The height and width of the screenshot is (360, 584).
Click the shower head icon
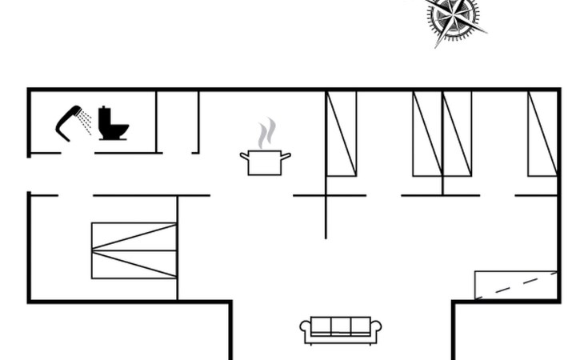[69, 120]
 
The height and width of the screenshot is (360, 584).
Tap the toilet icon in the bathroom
[113, 125]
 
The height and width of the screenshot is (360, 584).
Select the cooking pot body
[265, 163]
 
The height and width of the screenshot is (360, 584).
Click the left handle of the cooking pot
[244, 155]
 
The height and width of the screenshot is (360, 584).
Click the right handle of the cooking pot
[286, 155]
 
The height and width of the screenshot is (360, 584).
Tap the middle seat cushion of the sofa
[340, 326]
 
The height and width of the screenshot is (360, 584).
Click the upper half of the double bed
[133, 237]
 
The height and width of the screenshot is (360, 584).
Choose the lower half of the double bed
[133, 265]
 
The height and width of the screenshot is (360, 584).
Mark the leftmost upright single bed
[341, 134]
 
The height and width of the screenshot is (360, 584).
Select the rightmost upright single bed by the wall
[542, 134]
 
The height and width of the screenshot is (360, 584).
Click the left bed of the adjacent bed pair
[427, 134]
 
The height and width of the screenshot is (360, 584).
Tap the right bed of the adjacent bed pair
[457, 134]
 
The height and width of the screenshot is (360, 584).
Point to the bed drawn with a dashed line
[515, 286]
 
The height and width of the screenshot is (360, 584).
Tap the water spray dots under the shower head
[85, 123]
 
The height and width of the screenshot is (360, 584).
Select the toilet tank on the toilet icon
[105, 113]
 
